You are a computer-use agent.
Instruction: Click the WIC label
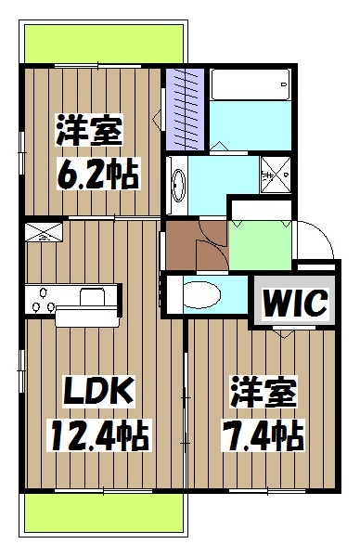pos(288,301)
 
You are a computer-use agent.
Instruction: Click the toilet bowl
pos(199,295)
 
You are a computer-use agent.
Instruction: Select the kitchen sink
pos(93,297)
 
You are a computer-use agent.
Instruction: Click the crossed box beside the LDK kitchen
pos(43,233)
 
